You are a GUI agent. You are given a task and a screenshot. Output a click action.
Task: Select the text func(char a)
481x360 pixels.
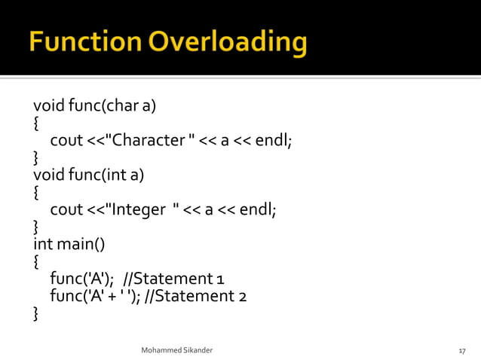click(x=112, y=105)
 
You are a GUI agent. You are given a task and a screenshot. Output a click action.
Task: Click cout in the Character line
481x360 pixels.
click(x=66, y=140)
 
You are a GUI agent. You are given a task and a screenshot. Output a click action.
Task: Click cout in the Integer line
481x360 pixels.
click(x=66, y=209)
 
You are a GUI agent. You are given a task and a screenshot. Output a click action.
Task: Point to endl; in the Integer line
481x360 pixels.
click(x=257, y=209)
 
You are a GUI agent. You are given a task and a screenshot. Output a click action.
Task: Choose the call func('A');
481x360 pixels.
click(x=81, y=279)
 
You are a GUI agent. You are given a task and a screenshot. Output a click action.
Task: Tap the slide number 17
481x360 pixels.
click(x=462, y=351)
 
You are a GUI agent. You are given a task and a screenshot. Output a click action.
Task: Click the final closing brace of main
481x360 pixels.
click(x=37, y=313)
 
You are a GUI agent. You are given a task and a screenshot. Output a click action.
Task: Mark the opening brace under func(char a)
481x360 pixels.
click(x=37, y=123)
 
